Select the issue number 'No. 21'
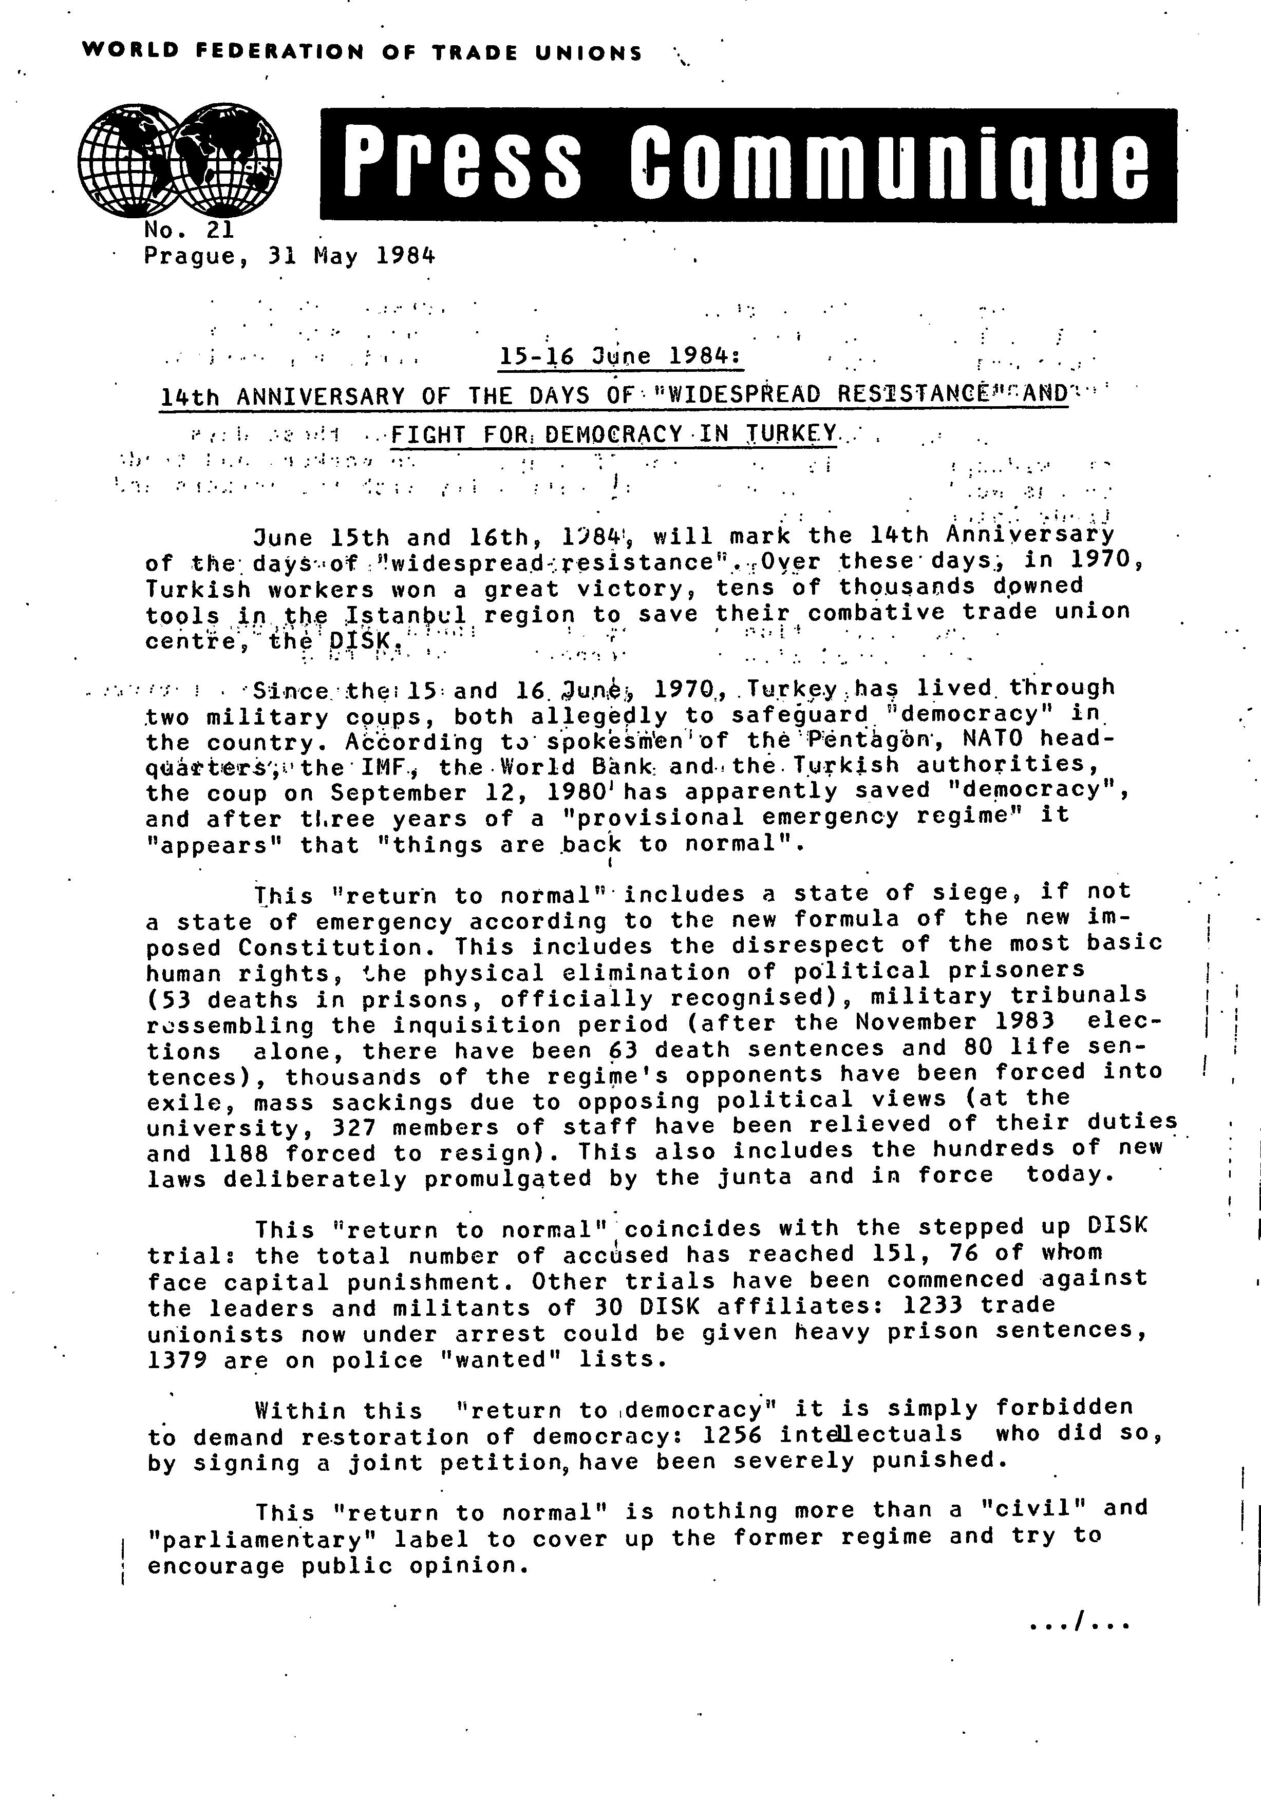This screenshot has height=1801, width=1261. pyautogui.click(x=189, y=230)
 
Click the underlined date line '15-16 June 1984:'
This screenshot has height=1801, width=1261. pyautogui.click(x=620, y=357)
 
